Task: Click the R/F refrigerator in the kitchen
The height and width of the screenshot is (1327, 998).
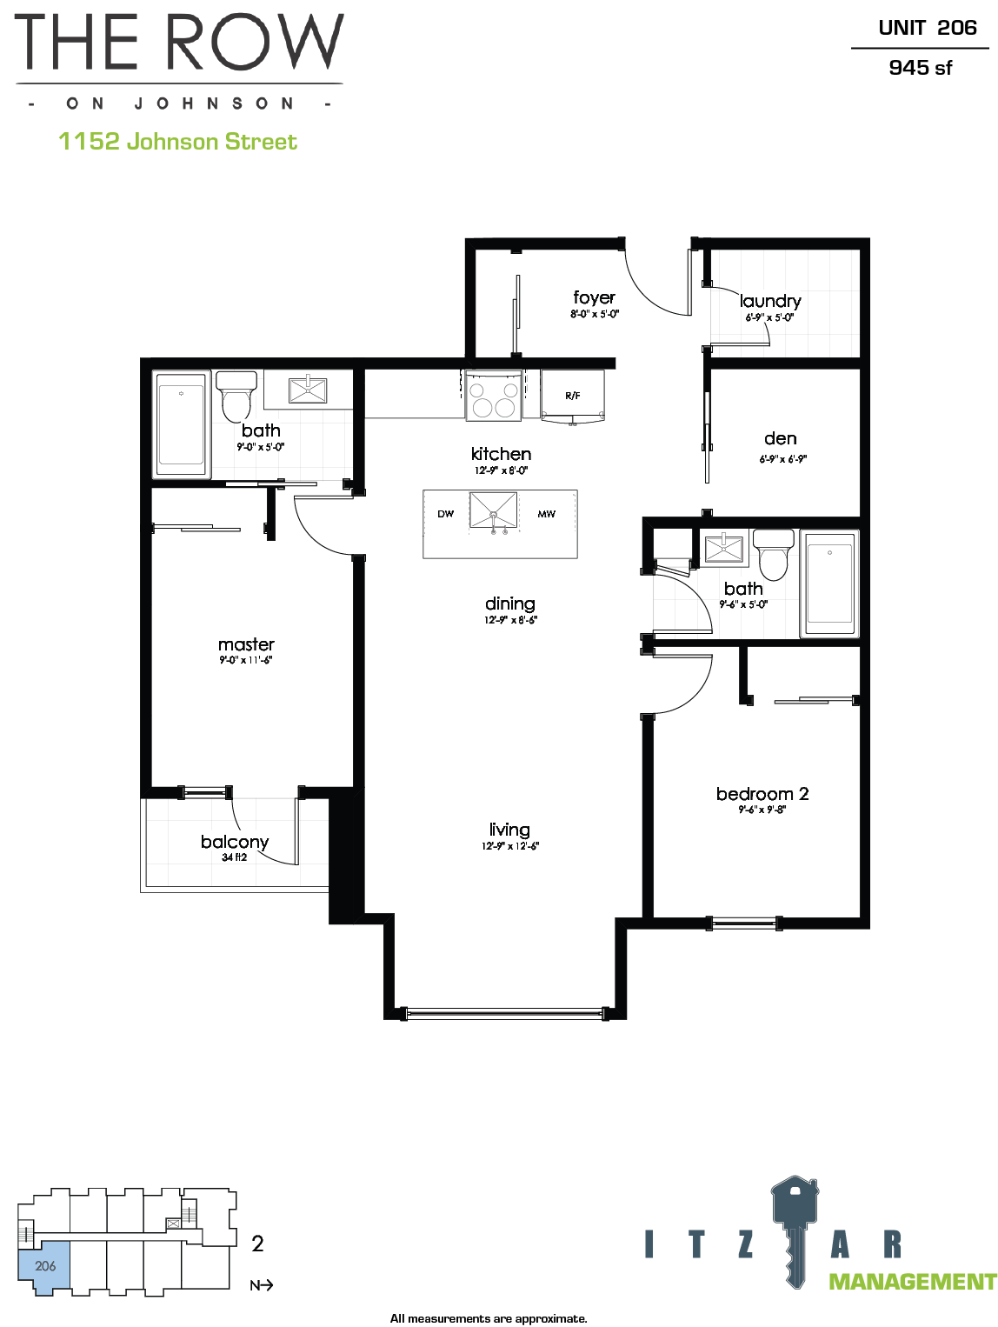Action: (x=573, y=396)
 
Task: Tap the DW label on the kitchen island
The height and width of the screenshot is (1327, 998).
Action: (x=445, y=514)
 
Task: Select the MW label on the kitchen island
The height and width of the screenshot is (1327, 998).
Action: (x=546, y=514)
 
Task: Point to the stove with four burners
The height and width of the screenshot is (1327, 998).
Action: (x=494, y=395)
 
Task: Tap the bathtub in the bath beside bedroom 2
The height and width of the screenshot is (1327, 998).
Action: (x=829, y=583)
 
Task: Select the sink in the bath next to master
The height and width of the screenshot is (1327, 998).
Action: (x=308, y=390)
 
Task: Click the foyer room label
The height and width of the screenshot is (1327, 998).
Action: (x=595, y=297)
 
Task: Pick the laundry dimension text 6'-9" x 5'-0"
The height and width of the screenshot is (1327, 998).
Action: (x=769, y=317)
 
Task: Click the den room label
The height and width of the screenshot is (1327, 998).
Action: (x=781, y=438)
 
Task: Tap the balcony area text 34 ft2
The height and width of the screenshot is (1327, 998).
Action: (x=235, y=857)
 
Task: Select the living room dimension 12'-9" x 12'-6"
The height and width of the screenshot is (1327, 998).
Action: (x=510, y=846)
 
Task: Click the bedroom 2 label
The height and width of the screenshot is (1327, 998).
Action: (x=762, y=794)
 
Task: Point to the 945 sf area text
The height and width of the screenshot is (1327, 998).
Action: (x=920, y=68)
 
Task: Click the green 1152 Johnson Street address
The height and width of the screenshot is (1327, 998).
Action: (x=177, y=142)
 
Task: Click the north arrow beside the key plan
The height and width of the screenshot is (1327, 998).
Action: (x=262, y=1285)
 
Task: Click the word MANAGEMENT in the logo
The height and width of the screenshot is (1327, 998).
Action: (x=912, y=1282)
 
